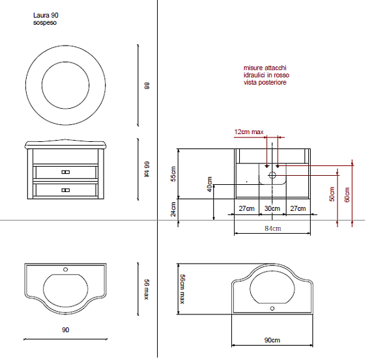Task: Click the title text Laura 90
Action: point(46,15)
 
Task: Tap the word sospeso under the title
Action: point(45,23)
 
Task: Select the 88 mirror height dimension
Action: point(147,86)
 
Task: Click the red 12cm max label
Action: point(249,132)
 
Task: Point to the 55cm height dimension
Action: point(173,174)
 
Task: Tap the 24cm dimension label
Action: point(173,209)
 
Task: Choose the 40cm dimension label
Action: point(210,184)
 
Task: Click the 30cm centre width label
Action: point(272,208)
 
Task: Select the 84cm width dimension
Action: point(273,228)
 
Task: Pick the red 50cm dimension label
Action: point(332,194)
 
